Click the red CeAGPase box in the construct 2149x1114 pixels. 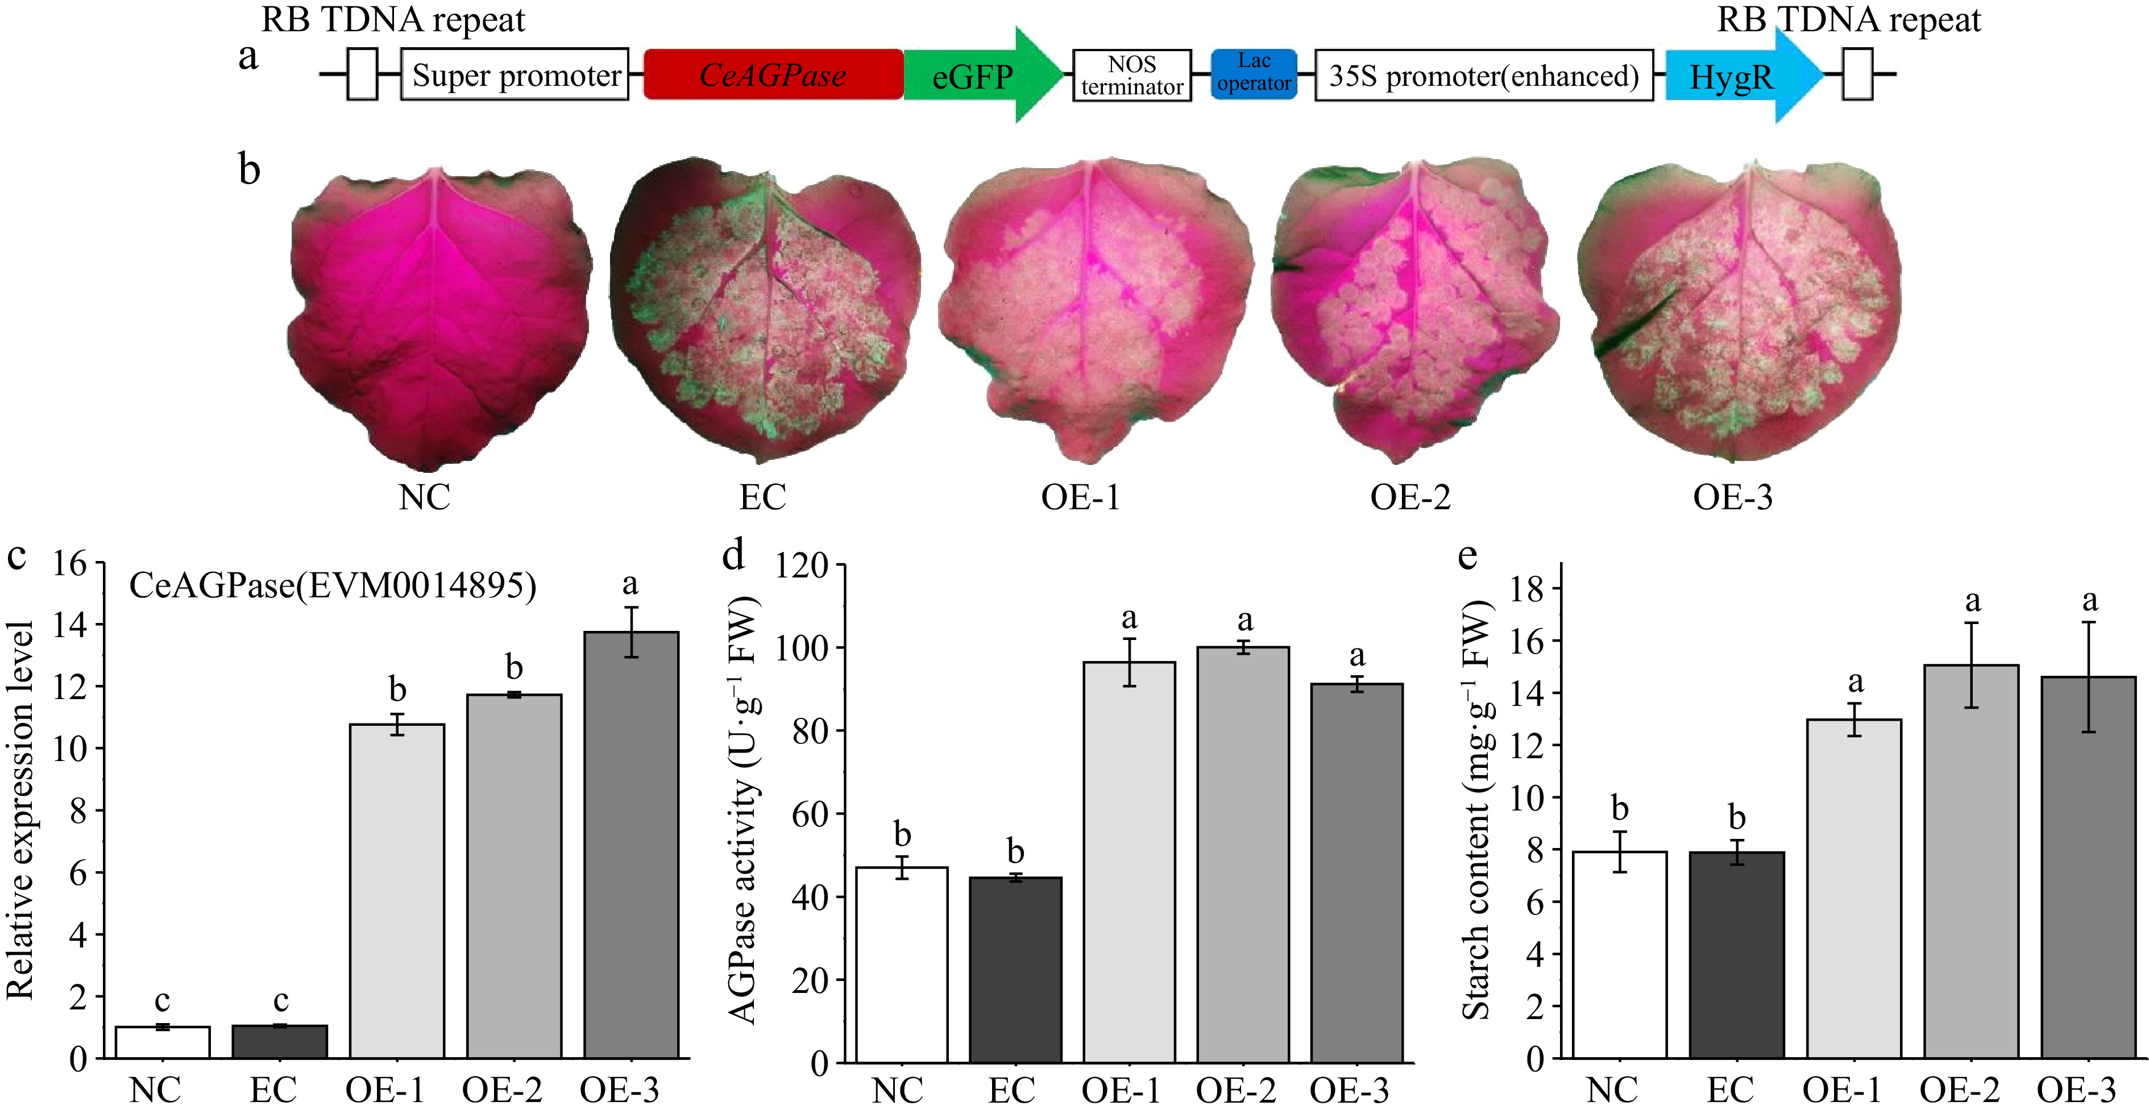point(773,75)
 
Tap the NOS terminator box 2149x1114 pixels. point(1131,75)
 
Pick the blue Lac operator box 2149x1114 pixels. point(1253,73)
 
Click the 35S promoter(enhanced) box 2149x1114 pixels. point(1483,76)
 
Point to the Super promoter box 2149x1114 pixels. point(515,75)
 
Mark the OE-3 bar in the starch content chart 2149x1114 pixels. point(2088,867)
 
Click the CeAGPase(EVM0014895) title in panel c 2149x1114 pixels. point(332,586)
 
